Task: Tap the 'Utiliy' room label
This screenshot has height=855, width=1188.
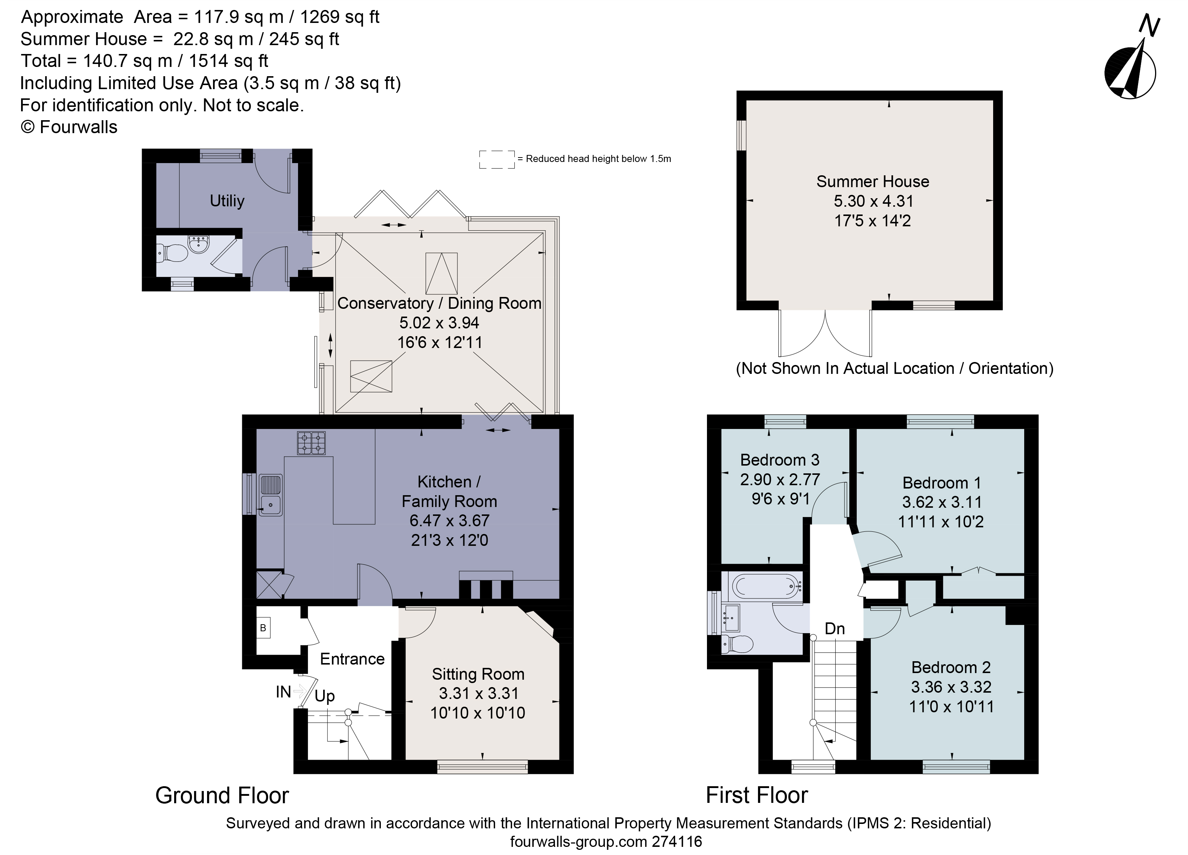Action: (x=227, y=201)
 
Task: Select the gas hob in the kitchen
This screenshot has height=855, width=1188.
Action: (x=311, y=443)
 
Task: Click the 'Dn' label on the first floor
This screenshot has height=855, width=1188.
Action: (x=835, y=629)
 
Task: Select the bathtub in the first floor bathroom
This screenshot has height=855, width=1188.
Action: (x=766, y=586)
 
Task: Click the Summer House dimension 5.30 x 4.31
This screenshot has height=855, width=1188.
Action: (x=873, y=201)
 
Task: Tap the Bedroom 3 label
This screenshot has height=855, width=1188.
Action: (x=779, y=460)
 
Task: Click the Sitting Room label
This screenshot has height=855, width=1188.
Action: (x=478, y=674)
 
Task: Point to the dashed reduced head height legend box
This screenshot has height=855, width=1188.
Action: (x=497, y=159)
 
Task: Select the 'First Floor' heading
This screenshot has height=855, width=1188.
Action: (x=757, y=795)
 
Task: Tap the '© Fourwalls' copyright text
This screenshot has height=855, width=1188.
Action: (x=69, y=127)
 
